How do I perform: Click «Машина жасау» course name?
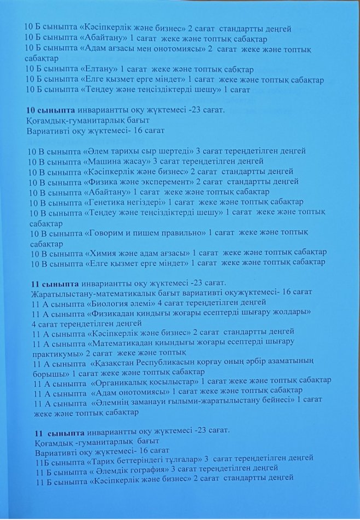tap(117, 161)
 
